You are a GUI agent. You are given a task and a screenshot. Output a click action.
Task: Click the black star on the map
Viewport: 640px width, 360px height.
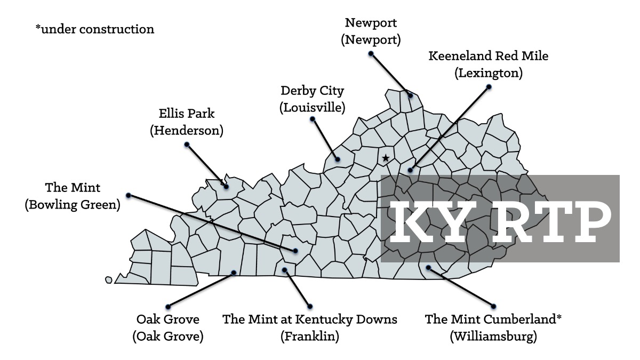(385, 158)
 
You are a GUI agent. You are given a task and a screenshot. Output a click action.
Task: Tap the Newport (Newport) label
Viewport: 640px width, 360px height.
(371, 31)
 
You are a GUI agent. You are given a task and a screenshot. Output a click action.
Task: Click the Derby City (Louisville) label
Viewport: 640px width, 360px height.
(313, 99)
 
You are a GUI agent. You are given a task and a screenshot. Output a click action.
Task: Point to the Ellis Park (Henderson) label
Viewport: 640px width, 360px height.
(187, 122)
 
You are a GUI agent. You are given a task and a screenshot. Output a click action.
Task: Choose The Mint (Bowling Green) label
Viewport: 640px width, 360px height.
(73, 196)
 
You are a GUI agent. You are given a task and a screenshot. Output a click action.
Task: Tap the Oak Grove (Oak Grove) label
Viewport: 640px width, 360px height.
(168, 328)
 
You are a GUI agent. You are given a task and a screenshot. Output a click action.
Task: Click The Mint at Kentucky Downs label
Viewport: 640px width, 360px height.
(310, 328)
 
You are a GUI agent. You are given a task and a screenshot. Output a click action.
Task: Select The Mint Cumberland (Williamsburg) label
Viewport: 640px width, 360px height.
(493, 328)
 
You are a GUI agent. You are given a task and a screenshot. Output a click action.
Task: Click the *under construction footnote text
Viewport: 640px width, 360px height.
(95, 29)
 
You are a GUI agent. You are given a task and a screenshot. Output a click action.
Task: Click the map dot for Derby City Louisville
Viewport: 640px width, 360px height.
(338, 159)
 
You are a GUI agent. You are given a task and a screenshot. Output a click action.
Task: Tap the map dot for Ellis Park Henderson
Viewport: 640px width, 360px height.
(226, 187)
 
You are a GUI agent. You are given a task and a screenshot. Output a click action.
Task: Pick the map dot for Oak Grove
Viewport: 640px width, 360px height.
(234, 273)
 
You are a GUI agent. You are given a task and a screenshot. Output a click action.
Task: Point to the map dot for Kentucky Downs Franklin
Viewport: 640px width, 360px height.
(285, 270)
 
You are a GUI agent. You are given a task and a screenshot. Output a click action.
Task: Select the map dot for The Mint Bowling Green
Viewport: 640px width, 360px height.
(294, 250)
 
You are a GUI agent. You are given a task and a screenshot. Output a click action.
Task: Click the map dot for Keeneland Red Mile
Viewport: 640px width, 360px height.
(410, 171)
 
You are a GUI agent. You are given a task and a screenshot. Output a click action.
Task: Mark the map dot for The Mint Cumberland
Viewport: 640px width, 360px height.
(428, 268)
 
